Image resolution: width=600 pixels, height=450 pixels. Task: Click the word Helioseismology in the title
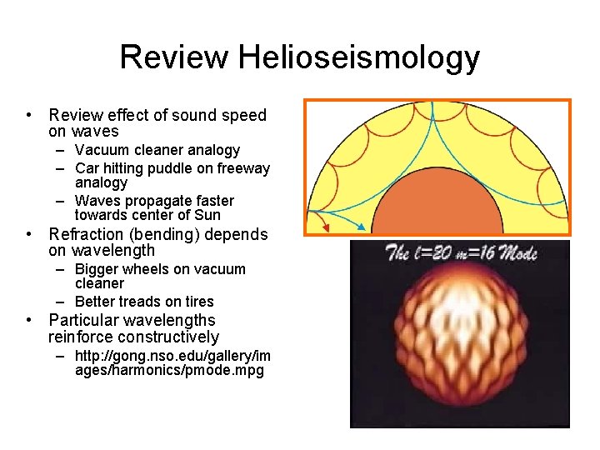pos(358,57)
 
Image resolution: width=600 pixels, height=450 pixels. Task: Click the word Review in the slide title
pos(173,57)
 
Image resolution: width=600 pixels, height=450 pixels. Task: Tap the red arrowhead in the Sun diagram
pos(326,227)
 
